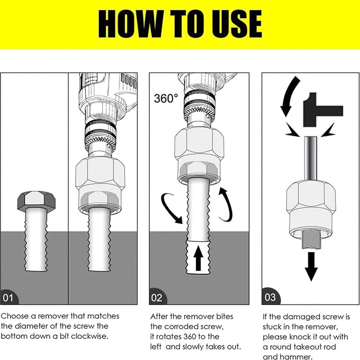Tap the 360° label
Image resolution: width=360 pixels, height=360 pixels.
tap(166, 98)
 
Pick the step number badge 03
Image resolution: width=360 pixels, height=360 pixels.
tap(271, 296)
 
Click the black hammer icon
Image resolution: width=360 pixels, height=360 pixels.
tap(323, 110)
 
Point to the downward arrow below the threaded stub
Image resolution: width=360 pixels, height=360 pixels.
tap(311, 266)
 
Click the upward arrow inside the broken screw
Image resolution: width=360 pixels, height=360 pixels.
tap(198, 259)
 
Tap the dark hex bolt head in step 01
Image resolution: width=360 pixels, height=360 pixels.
tap(36, 200)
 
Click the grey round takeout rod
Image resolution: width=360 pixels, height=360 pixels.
tap(311, 159)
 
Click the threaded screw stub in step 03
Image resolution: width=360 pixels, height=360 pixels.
tap(311, 240)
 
